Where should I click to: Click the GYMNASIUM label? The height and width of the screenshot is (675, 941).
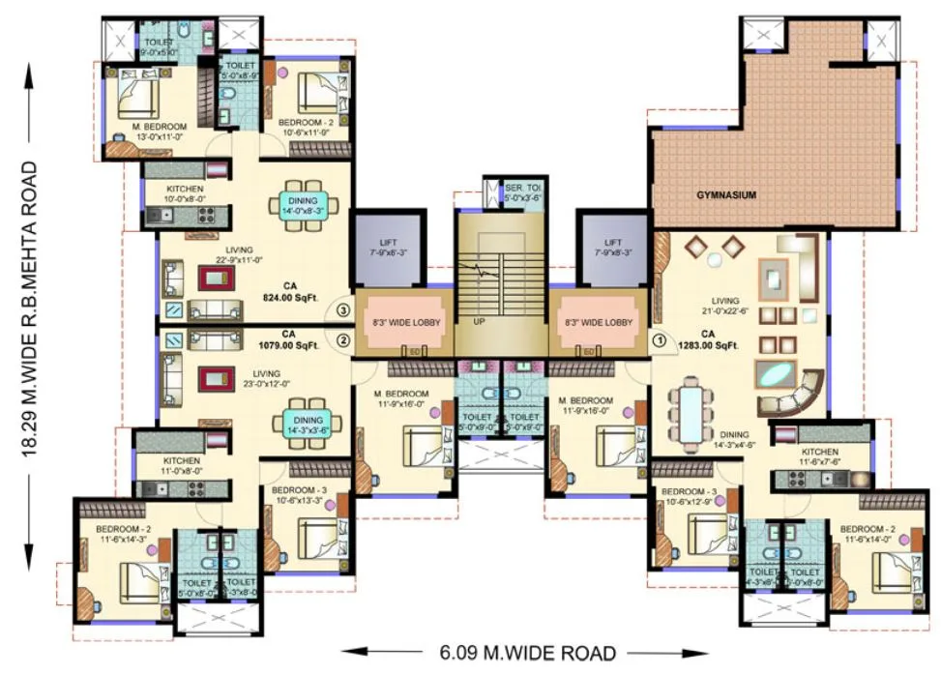point(726,194)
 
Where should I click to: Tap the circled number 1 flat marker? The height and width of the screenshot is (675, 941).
point(660,339)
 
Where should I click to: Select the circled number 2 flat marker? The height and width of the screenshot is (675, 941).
point(342,339)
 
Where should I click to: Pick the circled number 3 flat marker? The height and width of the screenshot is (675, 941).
point(342,310)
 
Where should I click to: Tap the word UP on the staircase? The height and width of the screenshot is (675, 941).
point(479,321)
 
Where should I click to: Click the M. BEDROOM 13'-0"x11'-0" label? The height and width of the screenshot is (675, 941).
point(162,132)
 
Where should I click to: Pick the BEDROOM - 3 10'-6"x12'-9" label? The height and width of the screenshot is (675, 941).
point(688,496)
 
